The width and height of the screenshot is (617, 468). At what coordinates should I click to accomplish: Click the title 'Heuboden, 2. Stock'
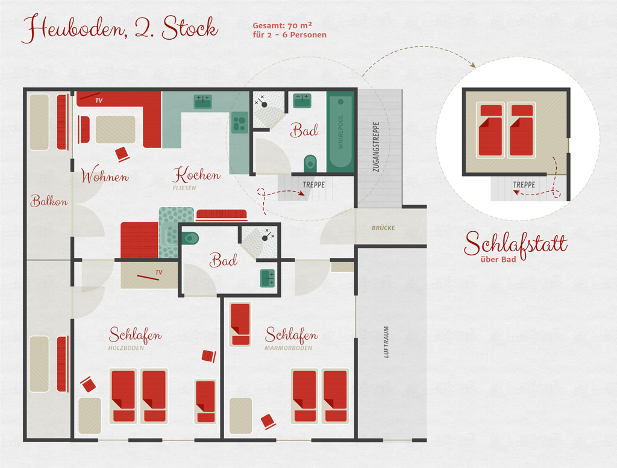click(x=120, y=28)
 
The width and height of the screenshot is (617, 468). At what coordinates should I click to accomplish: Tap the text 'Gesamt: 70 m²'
click(x=282, y=25)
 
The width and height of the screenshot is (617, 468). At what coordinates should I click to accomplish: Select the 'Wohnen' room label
click(x=105, y=176)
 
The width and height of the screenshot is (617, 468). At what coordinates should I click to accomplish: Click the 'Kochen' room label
click(x=196, y=174)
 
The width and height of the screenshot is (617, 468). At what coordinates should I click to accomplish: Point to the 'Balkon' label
click(x=49, y=201)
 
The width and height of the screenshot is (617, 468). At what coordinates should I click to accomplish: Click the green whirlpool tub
click(x=340, y=132)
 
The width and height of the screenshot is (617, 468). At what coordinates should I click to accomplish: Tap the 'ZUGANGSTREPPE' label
click(x=376, y=147)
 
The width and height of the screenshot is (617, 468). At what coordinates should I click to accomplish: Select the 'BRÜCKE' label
click(x=383, y=228)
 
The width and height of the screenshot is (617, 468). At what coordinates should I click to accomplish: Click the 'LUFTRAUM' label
click(x=386, y=342)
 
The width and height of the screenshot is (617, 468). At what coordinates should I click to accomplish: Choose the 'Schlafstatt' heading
click(x=516, y=244)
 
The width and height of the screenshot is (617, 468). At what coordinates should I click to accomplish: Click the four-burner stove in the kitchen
click(x=239, y=122)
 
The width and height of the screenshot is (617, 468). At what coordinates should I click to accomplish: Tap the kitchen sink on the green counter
click(x=203, y=101)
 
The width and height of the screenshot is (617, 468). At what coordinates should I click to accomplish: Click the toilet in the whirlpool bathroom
click(x=310, y=163)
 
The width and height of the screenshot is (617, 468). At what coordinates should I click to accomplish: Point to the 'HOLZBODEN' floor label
click(x=126, y=348)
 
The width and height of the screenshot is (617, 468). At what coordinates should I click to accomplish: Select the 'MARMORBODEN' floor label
click(x=289, y=348)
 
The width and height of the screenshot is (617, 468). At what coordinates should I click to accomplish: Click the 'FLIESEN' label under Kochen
click(x=184, y=188)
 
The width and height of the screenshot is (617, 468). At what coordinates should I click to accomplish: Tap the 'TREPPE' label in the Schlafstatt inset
click(x=524, y=184)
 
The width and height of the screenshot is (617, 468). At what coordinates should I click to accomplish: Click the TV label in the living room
click(x=99, y=101)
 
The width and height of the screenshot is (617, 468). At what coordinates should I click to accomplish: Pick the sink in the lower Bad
click(x=267, y=278)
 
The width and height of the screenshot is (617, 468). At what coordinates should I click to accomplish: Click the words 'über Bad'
click(x=498, y=259)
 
